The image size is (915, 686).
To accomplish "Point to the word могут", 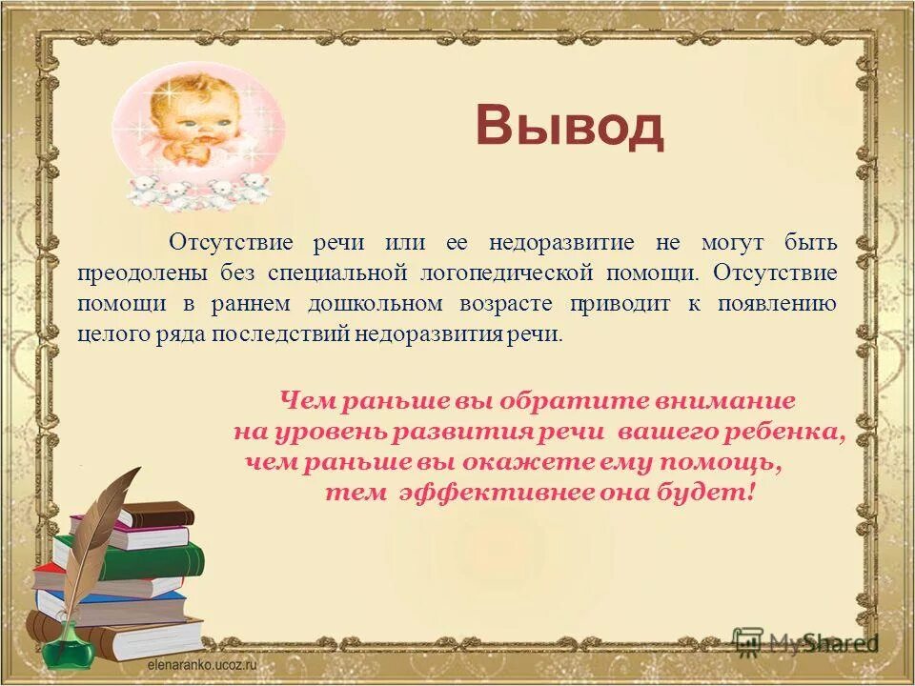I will (729, 243).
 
